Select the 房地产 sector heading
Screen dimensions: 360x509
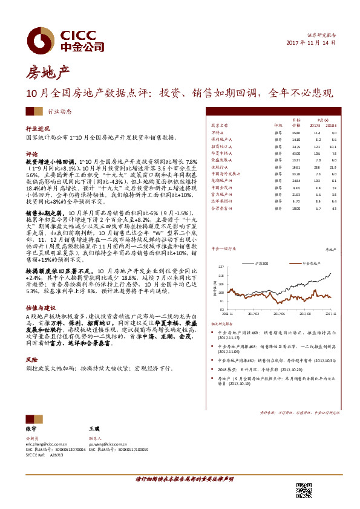tap(47, 74)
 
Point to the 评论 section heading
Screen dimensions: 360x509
tap(31, 154)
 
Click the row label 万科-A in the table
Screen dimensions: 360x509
tap(218, 132)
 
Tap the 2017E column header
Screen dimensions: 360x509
tap(316, 126)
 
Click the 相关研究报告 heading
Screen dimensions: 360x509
tap(231, 323)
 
